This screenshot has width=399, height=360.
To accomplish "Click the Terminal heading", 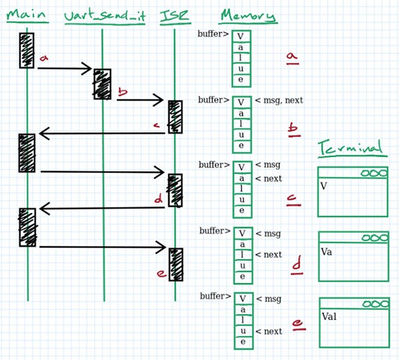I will pos(350,148).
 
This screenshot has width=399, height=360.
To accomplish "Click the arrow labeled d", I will pos(100,208).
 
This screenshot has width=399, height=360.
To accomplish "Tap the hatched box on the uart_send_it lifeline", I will pos(102,84).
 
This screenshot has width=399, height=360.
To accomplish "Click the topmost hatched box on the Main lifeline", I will pos(27,50).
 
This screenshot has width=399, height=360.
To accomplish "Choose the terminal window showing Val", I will pos(352,322).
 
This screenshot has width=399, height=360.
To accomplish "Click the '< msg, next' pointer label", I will pos(279,100).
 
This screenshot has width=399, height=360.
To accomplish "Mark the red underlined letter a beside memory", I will pos(291,59).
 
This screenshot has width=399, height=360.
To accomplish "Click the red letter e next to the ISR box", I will pos(160,273).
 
